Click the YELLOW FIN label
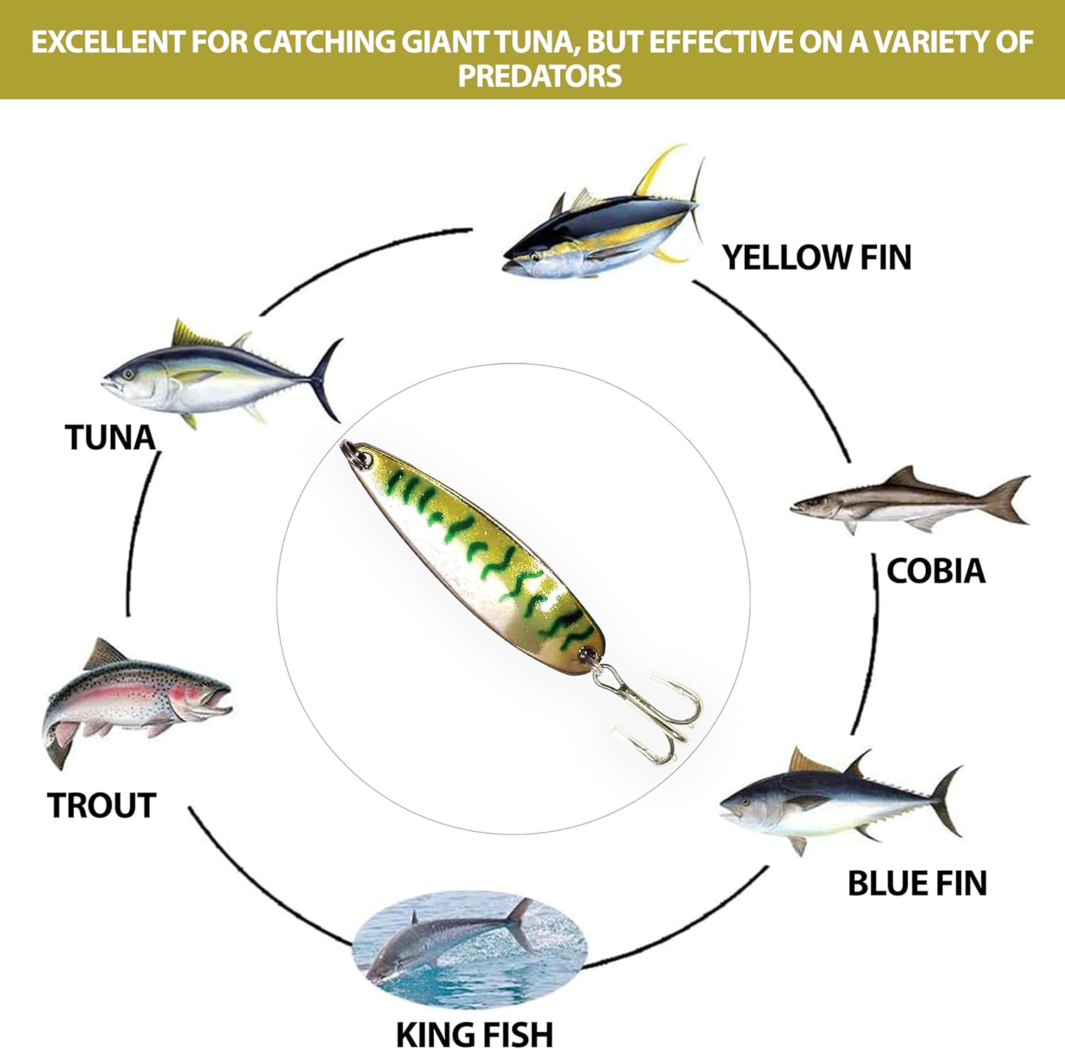click(x=816, y=257)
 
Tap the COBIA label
click(x=936, y=571)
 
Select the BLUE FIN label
click(x=917, y=883)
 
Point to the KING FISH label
click(x=474, y=1033)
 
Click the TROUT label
click(x=102, y=806)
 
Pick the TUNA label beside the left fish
click(x=110, y=437)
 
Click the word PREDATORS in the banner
click(x=540, y=76)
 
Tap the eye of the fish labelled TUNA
click(x=128, y=374)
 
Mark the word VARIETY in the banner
click(x=929, y=42)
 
